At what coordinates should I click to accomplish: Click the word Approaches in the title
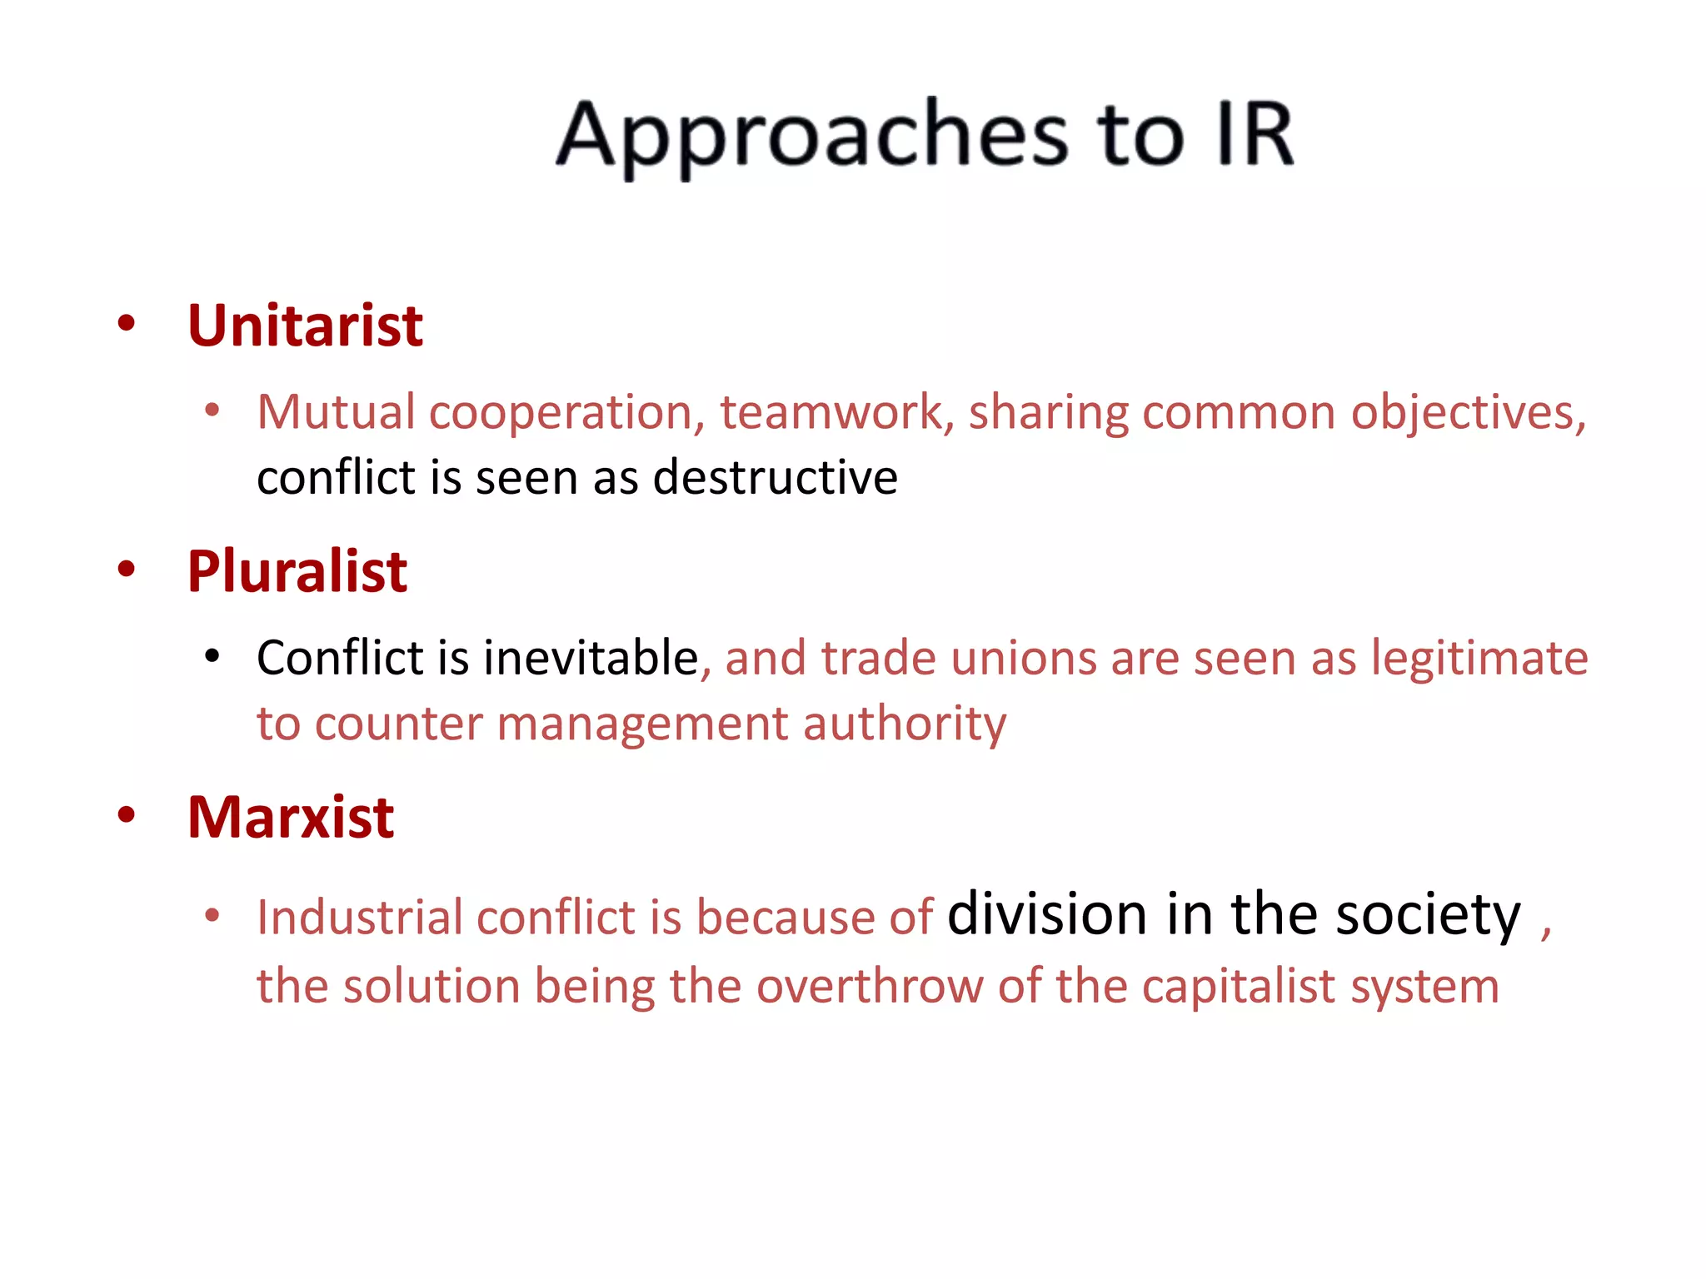point(812,136)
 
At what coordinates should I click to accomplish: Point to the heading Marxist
point(291,817)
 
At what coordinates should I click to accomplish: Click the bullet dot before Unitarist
point(127,324)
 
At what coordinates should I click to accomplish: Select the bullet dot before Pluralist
point(127,570)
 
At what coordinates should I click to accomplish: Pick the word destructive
point(775,477)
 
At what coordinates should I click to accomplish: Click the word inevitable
point(590,658)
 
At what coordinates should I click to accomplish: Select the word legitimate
point(1479,658)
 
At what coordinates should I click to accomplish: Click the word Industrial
point(360,918)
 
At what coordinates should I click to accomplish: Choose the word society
point(1428,915)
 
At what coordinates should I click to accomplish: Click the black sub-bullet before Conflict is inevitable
point(212,657)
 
